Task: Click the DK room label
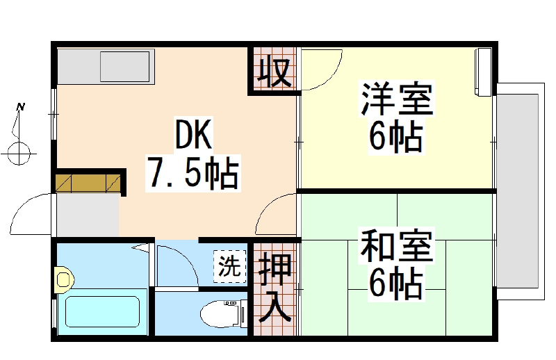pos(194,134)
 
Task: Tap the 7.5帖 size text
pos(193,173)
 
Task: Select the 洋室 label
pos(397,99)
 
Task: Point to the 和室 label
pos(396,246)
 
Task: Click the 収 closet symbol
pos(275,72)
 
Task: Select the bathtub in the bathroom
pos(102,311)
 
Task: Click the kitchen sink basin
pos(125,67)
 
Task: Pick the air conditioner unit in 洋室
pos(483,72)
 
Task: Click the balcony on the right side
pos(519,192)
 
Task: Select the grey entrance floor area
pos(88,215)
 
